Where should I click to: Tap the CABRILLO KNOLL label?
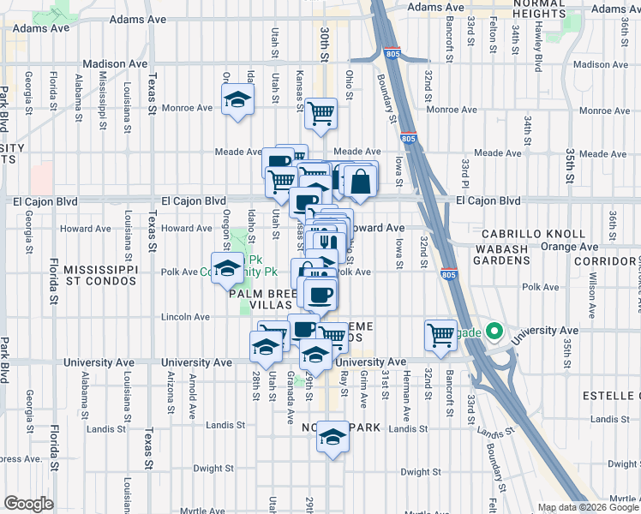533,234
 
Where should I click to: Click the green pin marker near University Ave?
494,330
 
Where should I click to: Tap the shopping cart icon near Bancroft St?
441,334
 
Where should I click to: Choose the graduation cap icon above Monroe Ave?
238,99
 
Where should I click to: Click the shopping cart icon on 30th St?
320,111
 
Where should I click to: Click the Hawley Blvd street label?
539,46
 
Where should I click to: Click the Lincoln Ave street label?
186,317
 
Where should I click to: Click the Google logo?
28,504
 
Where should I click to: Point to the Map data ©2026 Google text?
589,507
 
